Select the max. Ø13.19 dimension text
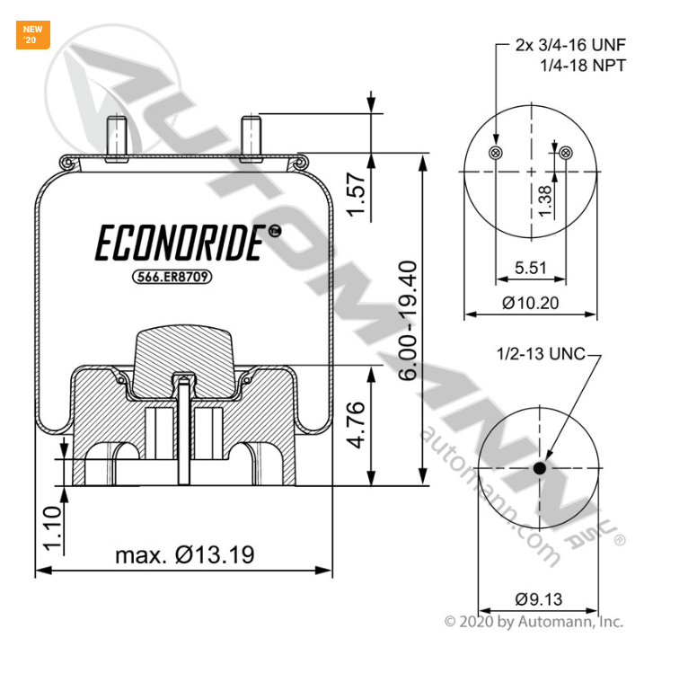184,554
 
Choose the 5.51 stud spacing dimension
531,268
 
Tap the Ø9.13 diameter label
539,598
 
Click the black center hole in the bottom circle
540,468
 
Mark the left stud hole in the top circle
495,154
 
